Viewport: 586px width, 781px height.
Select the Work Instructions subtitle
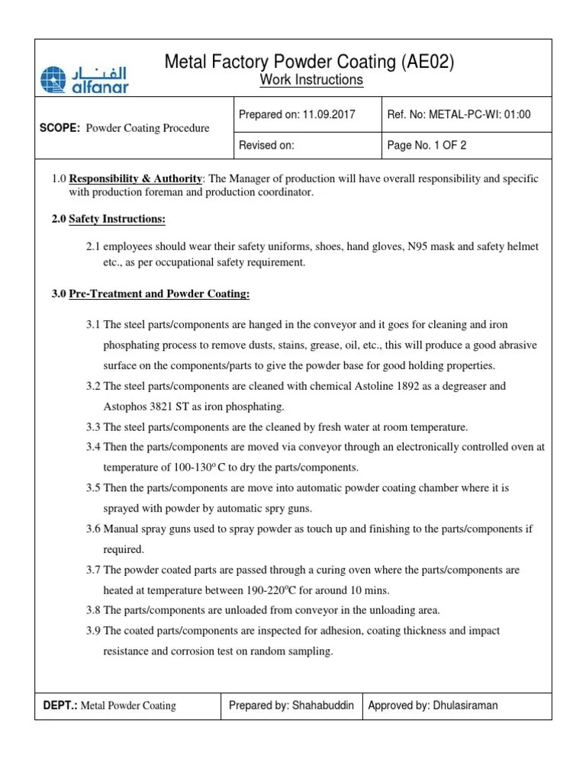coord(312,80)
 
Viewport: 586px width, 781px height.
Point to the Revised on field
coord(266,144)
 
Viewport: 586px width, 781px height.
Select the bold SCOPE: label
coord(60,128)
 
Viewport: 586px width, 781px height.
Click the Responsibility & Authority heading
coord(135,178)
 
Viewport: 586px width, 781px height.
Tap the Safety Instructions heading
coord(117,220)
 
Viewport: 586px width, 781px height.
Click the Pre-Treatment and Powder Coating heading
coord(159,294)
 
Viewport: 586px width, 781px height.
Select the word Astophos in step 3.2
coord(124,407)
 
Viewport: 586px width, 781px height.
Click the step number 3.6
coord(93,529)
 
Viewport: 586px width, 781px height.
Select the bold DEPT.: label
coord(60,705)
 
